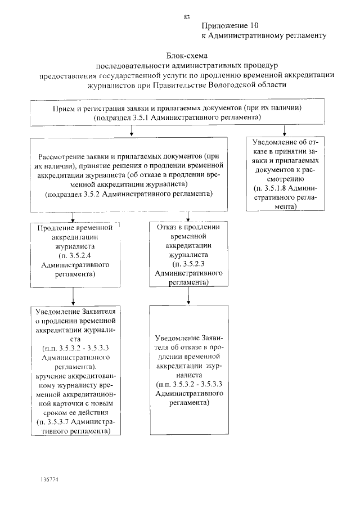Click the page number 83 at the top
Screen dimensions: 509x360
(187, 17)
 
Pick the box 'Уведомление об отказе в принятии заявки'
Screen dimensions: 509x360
(285, 173)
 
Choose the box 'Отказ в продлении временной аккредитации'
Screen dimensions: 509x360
(187, 254)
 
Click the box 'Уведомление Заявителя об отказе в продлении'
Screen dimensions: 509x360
(189, 370)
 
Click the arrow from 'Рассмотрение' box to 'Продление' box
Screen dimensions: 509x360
(72, 217)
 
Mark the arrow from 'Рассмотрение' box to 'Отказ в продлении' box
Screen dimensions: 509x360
(188, 217)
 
